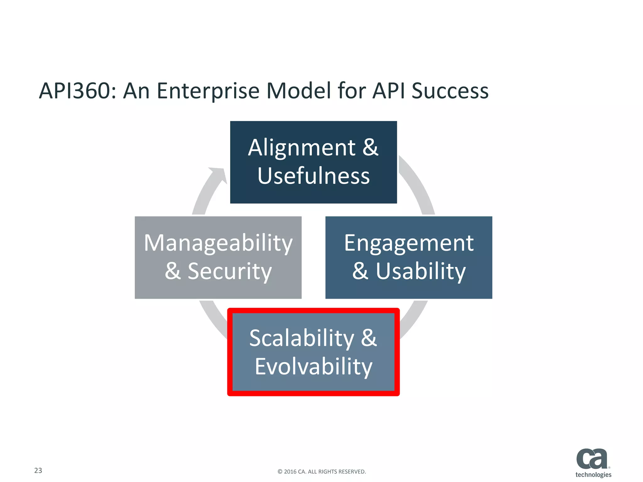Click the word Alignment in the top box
tap(302, 148)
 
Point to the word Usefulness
tap(313, 176)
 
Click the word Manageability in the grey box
tap(218, 243)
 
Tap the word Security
tap(230, 271)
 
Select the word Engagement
tap(408, 243)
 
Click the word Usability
tap(421, 271)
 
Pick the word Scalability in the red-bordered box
tap(302, 338)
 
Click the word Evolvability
tap(313, 367)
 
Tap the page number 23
tap(38, 470)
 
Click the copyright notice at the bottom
tap(321, 472)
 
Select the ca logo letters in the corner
tap(592, 458)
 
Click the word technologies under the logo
tap(593, 475)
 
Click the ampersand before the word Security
tap(173, 271)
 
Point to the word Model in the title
tap(299, 91)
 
